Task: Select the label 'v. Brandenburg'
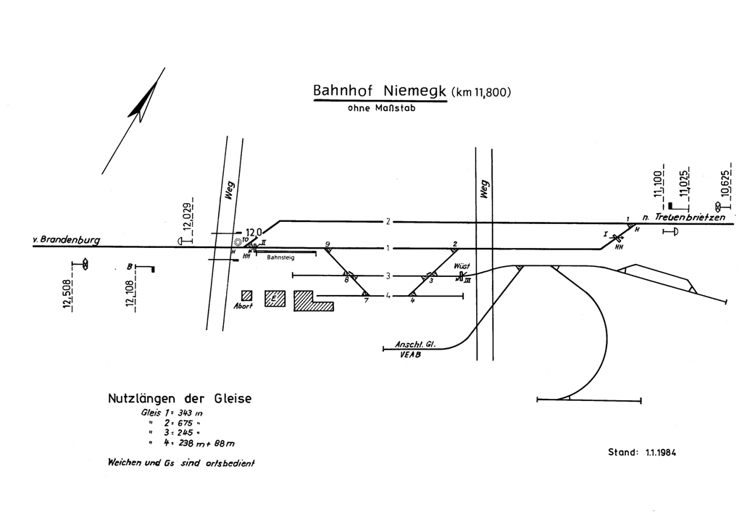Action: pyautogui.click(x=66, y=239)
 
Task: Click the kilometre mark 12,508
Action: pyautogui.click(x=67, y=294)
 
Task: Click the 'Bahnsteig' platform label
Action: pyautogui.click(x=281, y=257)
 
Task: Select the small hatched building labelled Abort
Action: pyautogui.click(x=247, y=295)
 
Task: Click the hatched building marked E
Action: pyautogui.click(x=275, y=299)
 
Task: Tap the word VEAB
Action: pyautogui.click(x=410, y=355)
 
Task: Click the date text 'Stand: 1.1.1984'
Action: pyautogui.click(x=642, y=452)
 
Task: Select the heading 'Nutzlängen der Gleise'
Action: pyautogui.click(x=179, y=399)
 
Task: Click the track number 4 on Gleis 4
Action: pyautogui.click(x=388, y=295)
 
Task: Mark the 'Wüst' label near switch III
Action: pyautogui.click(x=462, y=266)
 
